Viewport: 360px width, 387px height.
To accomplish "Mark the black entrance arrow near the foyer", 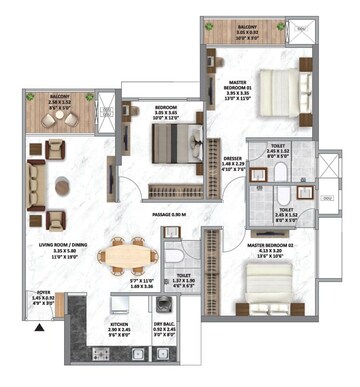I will tap(40, 326).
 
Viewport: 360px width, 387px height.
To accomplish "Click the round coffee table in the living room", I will tap(63, 185).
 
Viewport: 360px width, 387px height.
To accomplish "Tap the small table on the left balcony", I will tap(90, 98).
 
